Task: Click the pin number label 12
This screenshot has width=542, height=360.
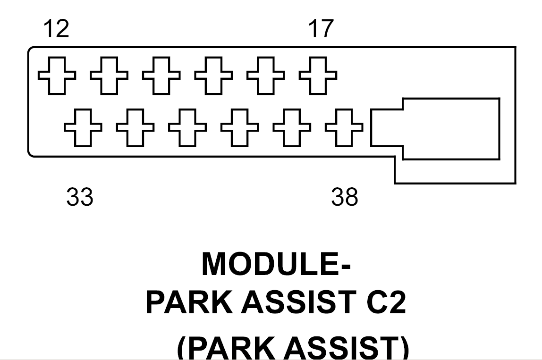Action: [56, 29]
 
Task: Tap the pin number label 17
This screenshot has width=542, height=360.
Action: [321, 29]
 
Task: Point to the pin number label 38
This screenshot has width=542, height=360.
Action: [345, 197]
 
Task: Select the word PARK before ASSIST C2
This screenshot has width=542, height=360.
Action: [191, 304]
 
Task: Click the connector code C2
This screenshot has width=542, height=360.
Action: [385, 304]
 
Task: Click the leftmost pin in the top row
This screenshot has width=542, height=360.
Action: [56, 75]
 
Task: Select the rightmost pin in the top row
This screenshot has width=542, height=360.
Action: [318, 75]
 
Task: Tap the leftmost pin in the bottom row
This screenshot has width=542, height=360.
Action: [83, 127]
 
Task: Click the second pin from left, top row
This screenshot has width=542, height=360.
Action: [109, 75]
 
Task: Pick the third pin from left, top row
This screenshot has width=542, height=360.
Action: [161, 75]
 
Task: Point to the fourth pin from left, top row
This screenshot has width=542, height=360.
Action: [213, 75]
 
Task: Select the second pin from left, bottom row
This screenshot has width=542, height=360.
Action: [135, 127]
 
